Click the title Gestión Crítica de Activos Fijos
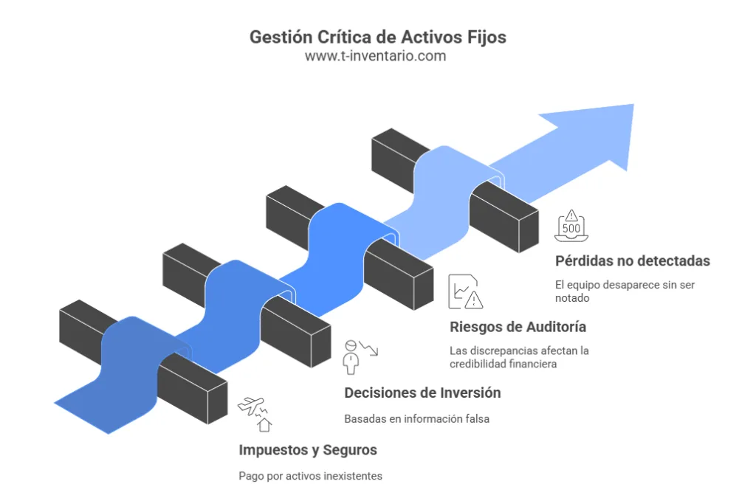point(377,37)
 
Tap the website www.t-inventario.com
point(377,56)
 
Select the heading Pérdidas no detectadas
point(632,260)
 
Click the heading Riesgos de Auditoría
point(518,327)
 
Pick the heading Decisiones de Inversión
point(422,393)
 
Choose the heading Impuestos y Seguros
point(308,449)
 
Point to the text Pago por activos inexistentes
point(310,476)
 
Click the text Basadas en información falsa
point(416,419)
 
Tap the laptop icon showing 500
point(571,225)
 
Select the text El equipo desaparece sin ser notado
point(625,291)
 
